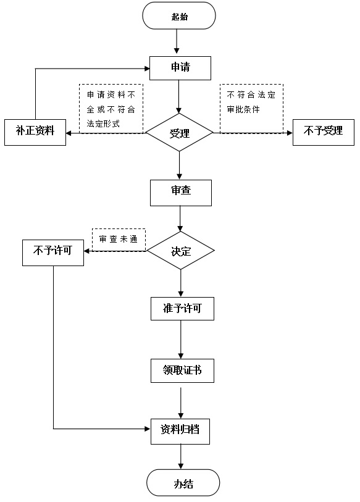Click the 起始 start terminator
[179, 15]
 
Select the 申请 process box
[180, 68]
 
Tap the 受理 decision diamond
[179, 132]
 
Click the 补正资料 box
[35, 132]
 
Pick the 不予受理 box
[324, 132]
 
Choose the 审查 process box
[181, 193]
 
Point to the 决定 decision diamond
[181, 251]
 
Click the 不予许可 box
[53, 253]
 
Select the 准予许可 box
[183, 309]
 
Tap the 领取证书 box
[183, 370]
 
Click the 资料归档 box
[180, 431]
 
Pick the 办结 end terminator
[183, 483]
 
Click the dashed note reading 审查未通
[119, 240]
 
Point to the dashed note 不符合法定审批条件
[252, 108]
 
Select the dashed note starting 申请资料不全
[111, 109]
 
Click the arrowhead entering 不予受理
[290, 133]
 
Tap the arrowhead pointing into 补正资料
[69, 133]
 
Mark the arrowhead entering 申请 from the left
[147, 69]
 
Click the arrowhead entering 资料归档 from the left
[148, 429]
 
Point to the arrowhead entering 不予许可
[86, 251]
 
